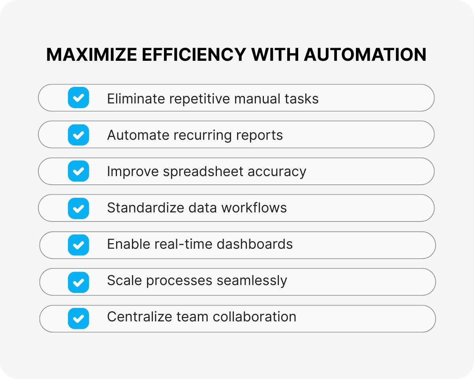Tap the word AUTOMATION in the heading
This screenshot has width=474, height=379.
(365, 55)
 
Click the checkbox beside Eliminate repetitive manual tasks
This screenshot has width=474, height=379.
(79, 98)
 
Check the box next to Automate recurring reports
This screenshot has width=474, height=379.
(79, 135)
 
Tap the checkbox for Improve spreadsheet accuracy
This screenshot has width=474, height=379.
(79, 171)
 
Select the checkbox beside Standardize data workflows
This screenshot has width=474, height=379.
(79, 208)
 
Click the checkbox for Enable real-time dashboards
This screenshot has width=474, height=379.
(79, 245)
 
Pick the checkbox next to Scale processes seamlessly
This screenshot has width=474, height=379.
(79, 282)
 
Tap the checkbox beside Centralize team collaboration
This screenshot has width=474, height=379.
(79, 318)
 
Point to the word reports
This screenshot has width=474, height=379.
(260, 135)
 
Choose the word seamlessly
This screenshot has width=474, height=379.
(252, 281)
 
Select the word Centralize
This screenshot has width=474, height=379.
(135, 317)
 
